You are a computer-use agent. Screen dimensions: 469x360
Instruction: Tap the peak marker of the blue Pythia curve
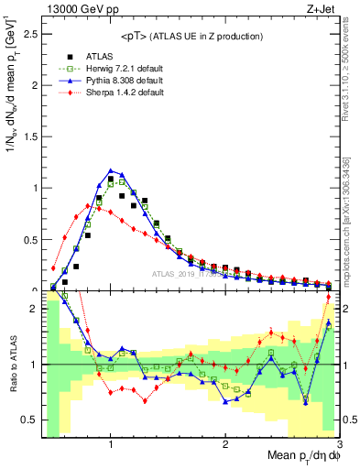(x=111, y=170)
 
